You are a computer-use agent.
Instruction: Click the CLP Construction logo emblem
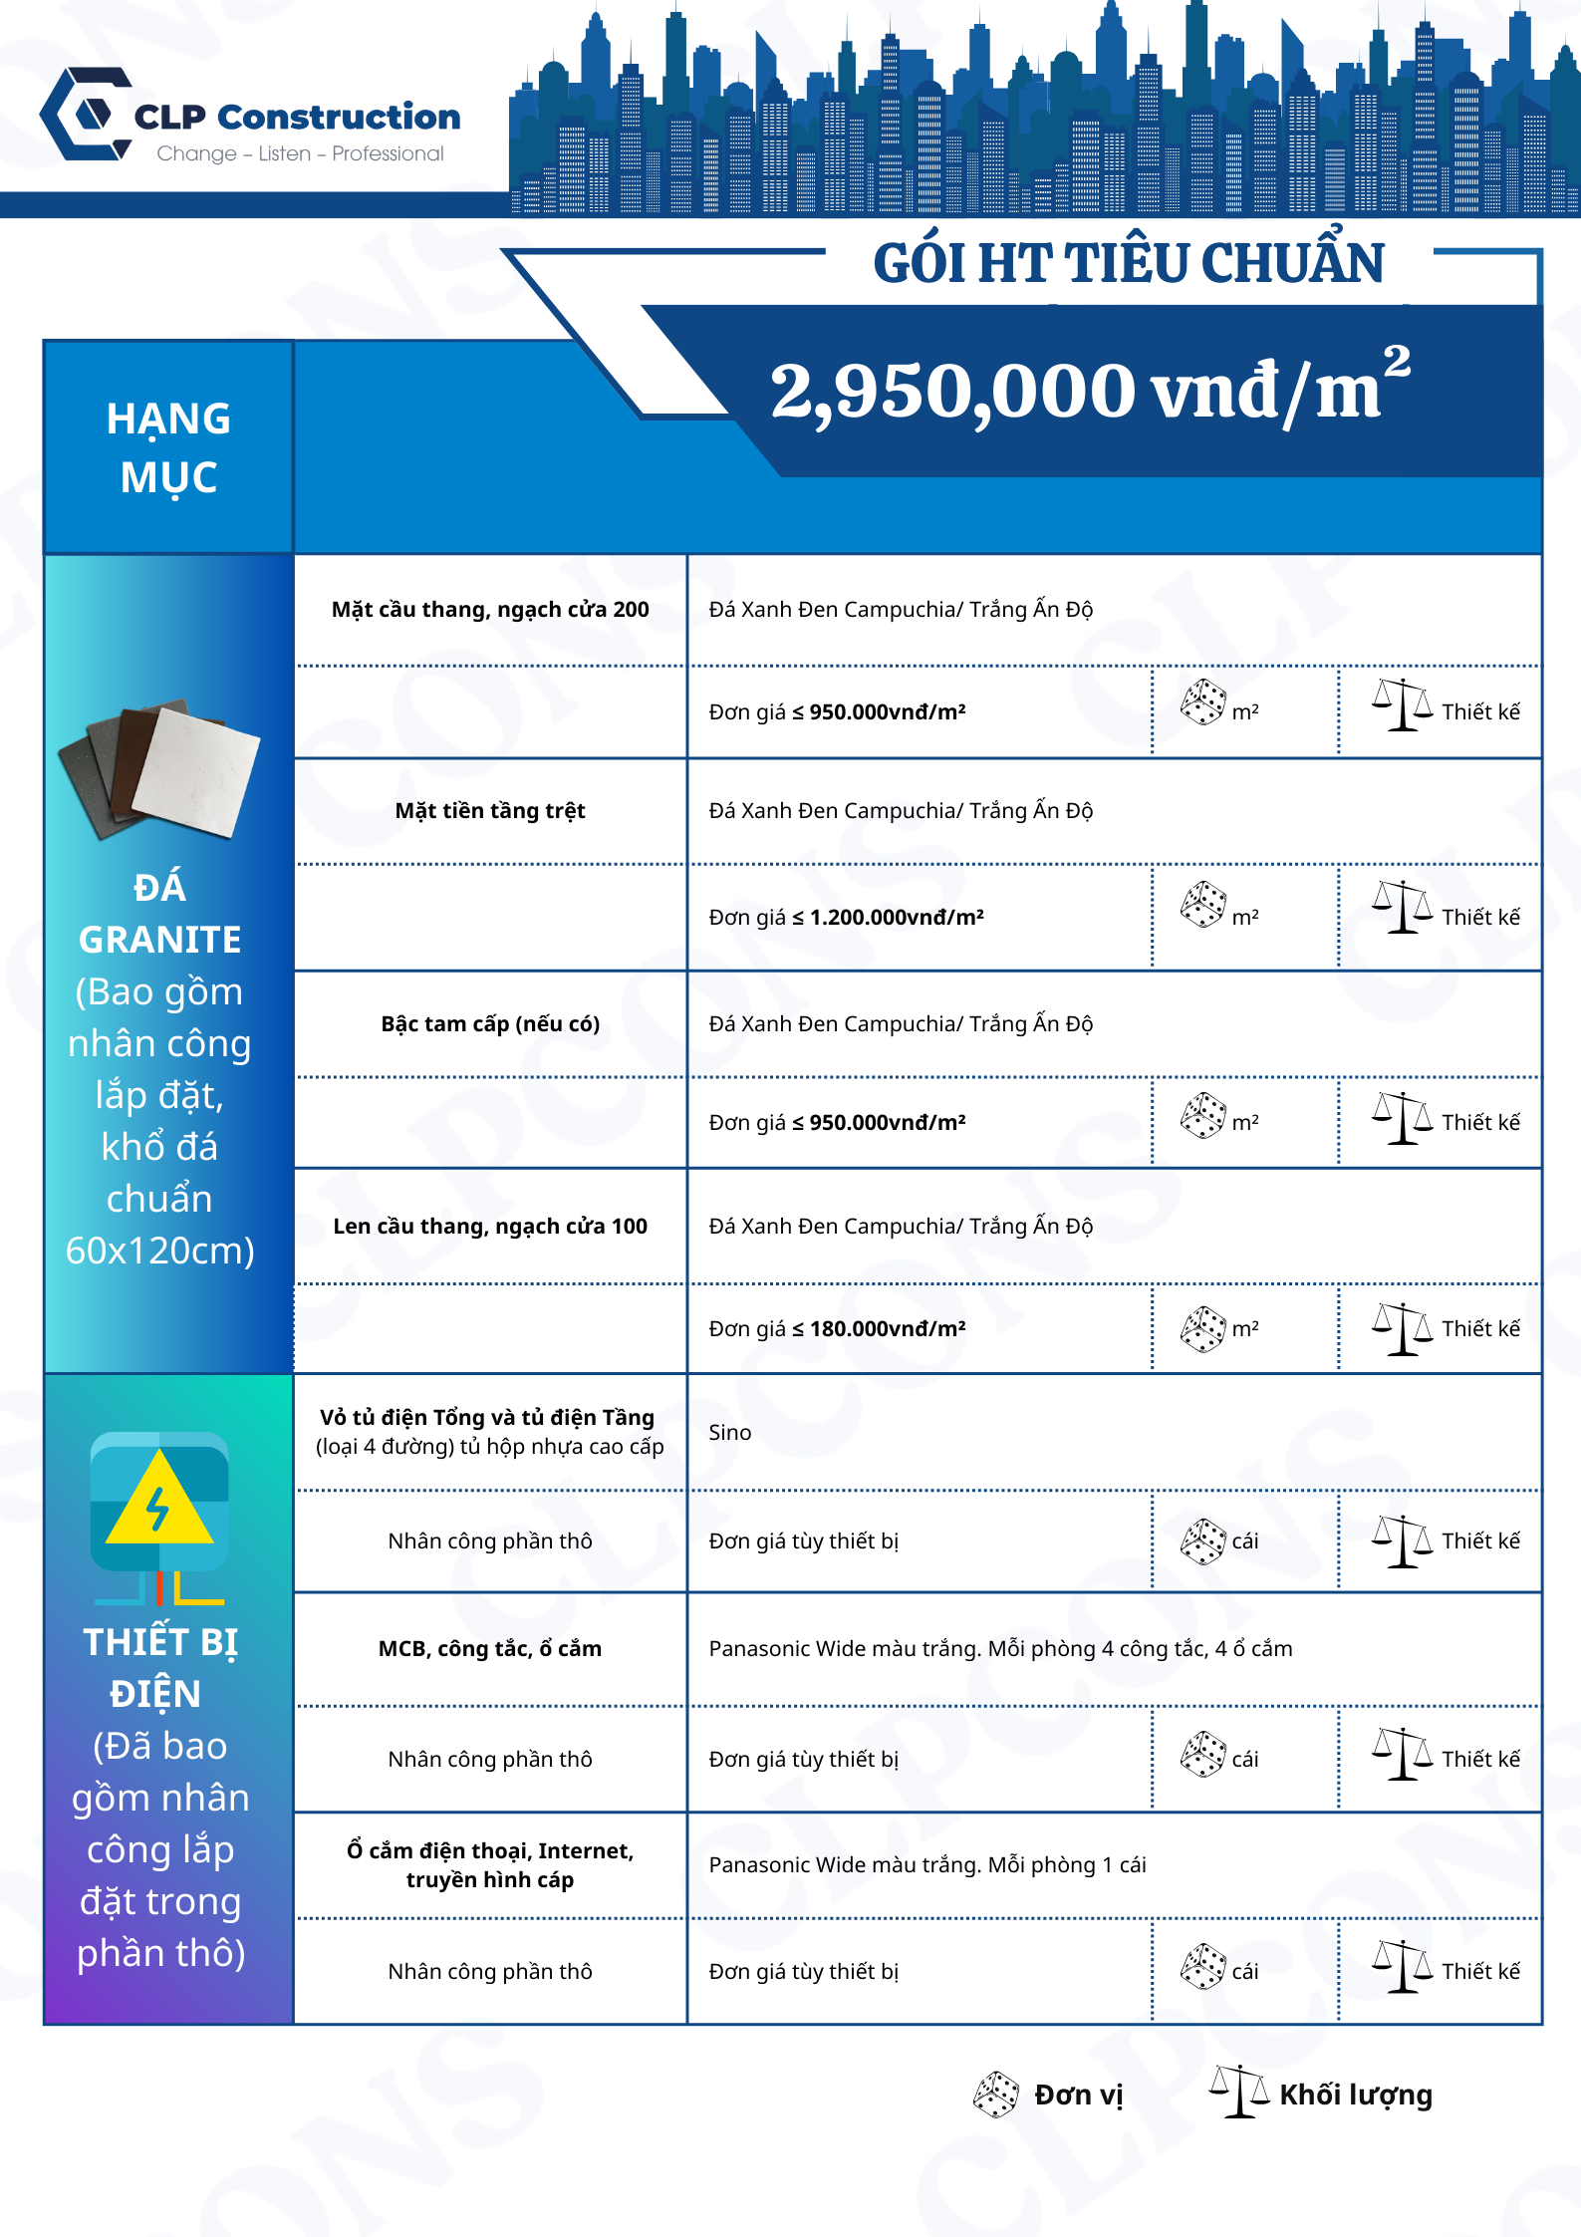point(88,114)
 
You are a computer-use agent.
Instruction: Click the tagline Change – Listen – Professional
point(300,153)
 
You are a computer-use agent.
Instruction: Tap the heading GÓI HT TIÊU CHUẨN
point(1128,263)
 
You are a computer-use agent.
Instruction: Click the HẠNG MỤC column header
point(168,447)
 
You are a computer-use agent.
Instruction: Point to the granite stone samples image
point(159,768)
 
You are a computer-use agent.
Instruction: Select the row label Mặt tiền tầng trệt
point(489,811)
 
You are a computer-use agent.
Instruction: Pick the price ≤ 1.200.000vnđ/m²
point(846,917)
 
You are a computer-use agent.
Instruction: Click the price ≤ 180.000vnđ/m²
point(837,1328)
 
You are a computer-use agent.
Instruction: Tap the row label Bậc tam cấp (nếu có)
point(490,1024)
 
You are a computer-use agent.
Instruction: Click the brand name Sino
point(729,1433)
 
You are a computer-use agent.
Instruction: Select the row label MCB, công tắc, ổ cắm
point(489,1649)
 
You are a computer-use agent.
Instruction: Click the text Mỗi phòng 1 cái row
point(926,1865)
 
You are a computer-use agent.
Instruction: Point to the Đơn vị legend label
point(1078,2095)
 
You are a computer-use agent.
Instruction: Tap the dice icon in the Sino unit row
point(1202,1540)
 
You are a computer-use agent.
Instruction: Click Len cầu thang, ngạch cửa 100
point(489,1227)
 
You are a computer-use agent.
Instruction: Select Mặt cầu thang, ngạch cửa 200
point(489,610)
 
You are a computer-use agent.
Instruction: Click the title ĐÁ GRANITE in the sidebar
point(159,913)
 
